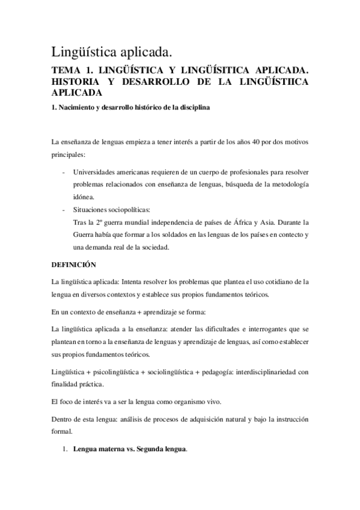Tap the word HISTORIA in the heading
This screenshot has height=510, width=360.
pyautogui.click(x=76, y=82)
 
